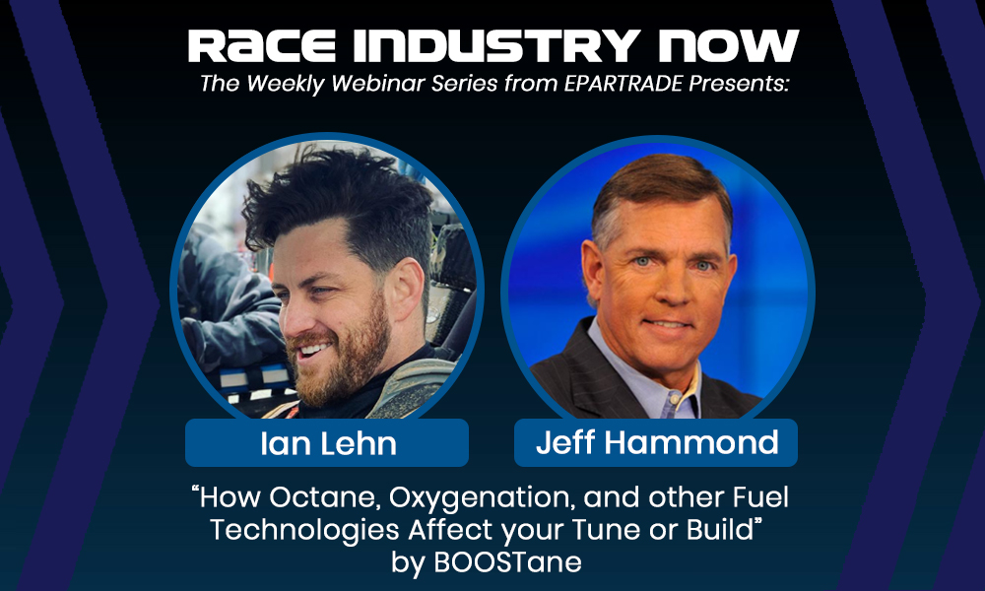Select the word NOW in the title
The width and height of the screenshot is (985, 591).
728,46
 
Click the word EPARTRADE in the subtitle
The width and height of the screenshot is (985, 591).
624,84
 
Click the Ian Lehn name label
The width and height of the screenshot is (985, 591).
327,443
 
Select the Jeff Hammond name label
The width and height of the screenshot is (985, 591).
656,443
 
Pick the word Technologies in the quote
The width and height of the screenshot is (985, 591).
304,531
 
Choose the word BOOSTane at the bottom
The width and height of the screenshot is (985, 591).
507,562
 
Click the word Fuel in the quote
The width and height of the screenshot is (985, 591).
760,497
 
